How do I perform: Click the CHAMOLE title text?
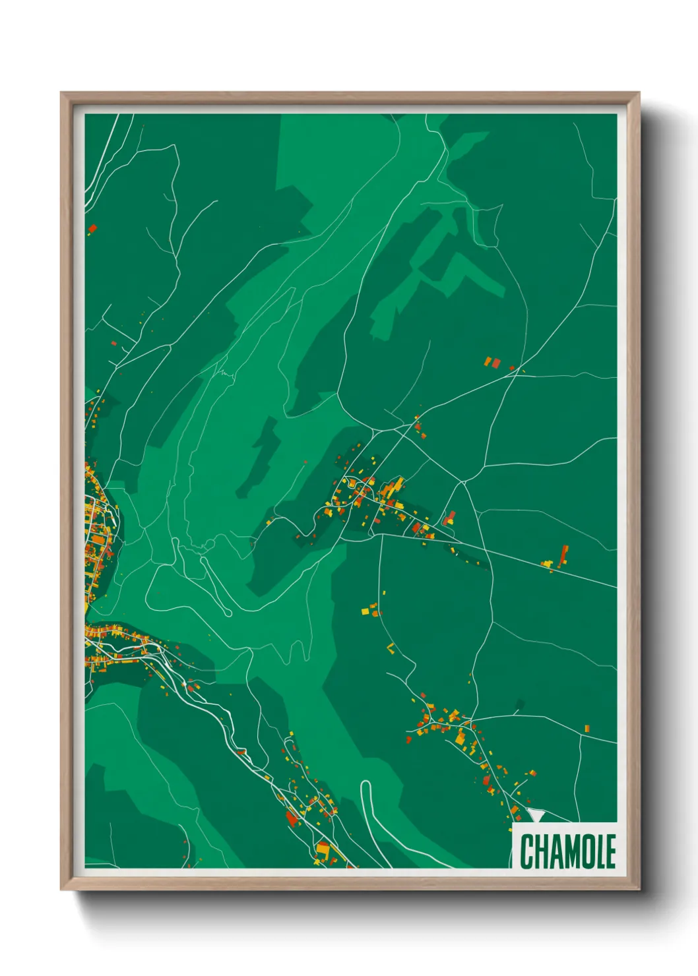[567, 851]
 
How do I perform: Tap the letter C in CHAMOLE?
[527, 851]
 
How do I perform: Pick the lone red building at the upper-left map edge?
[92, 229]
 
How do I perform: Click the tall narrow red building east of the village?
[563, 555]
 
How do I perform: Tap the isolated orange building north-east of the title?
[587, 729]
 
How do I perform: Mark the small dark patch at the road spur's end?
[519, 704]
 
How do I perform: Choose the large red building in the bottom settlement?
[291, 818]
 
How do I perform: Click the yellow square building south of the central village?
[365, 611]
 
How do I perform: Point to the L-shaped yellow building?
[390, 648]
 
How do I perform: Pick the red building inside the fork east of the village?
[450, 518]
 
